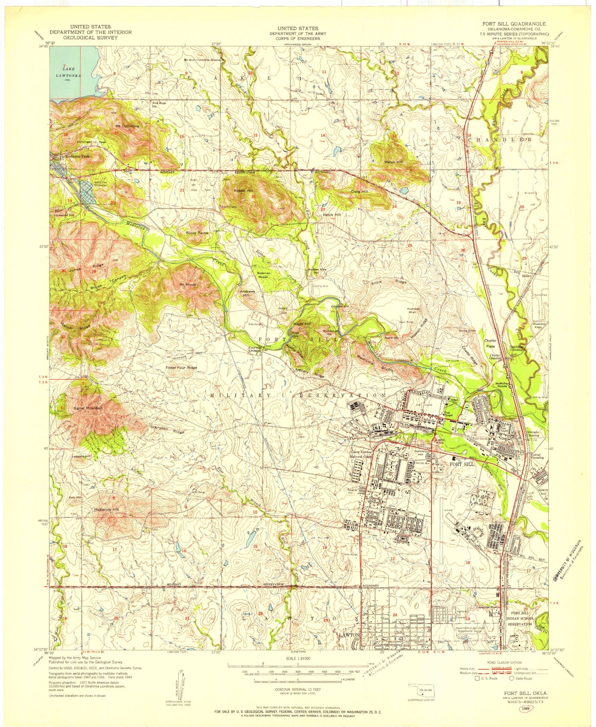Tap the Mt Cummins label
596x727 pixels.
click(127, 126)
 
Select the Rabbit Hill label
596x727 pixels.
click(244, 191)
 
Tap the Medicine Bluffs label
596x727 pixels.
click(370, 359)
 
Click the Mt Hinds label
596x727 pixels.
click(188, 284)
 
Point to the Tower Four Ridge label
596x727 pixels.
click(181, 367)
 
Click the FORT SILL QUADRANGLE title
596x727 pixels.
click(514, 24)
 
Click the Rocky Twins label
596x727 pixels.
click(197, 233)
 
